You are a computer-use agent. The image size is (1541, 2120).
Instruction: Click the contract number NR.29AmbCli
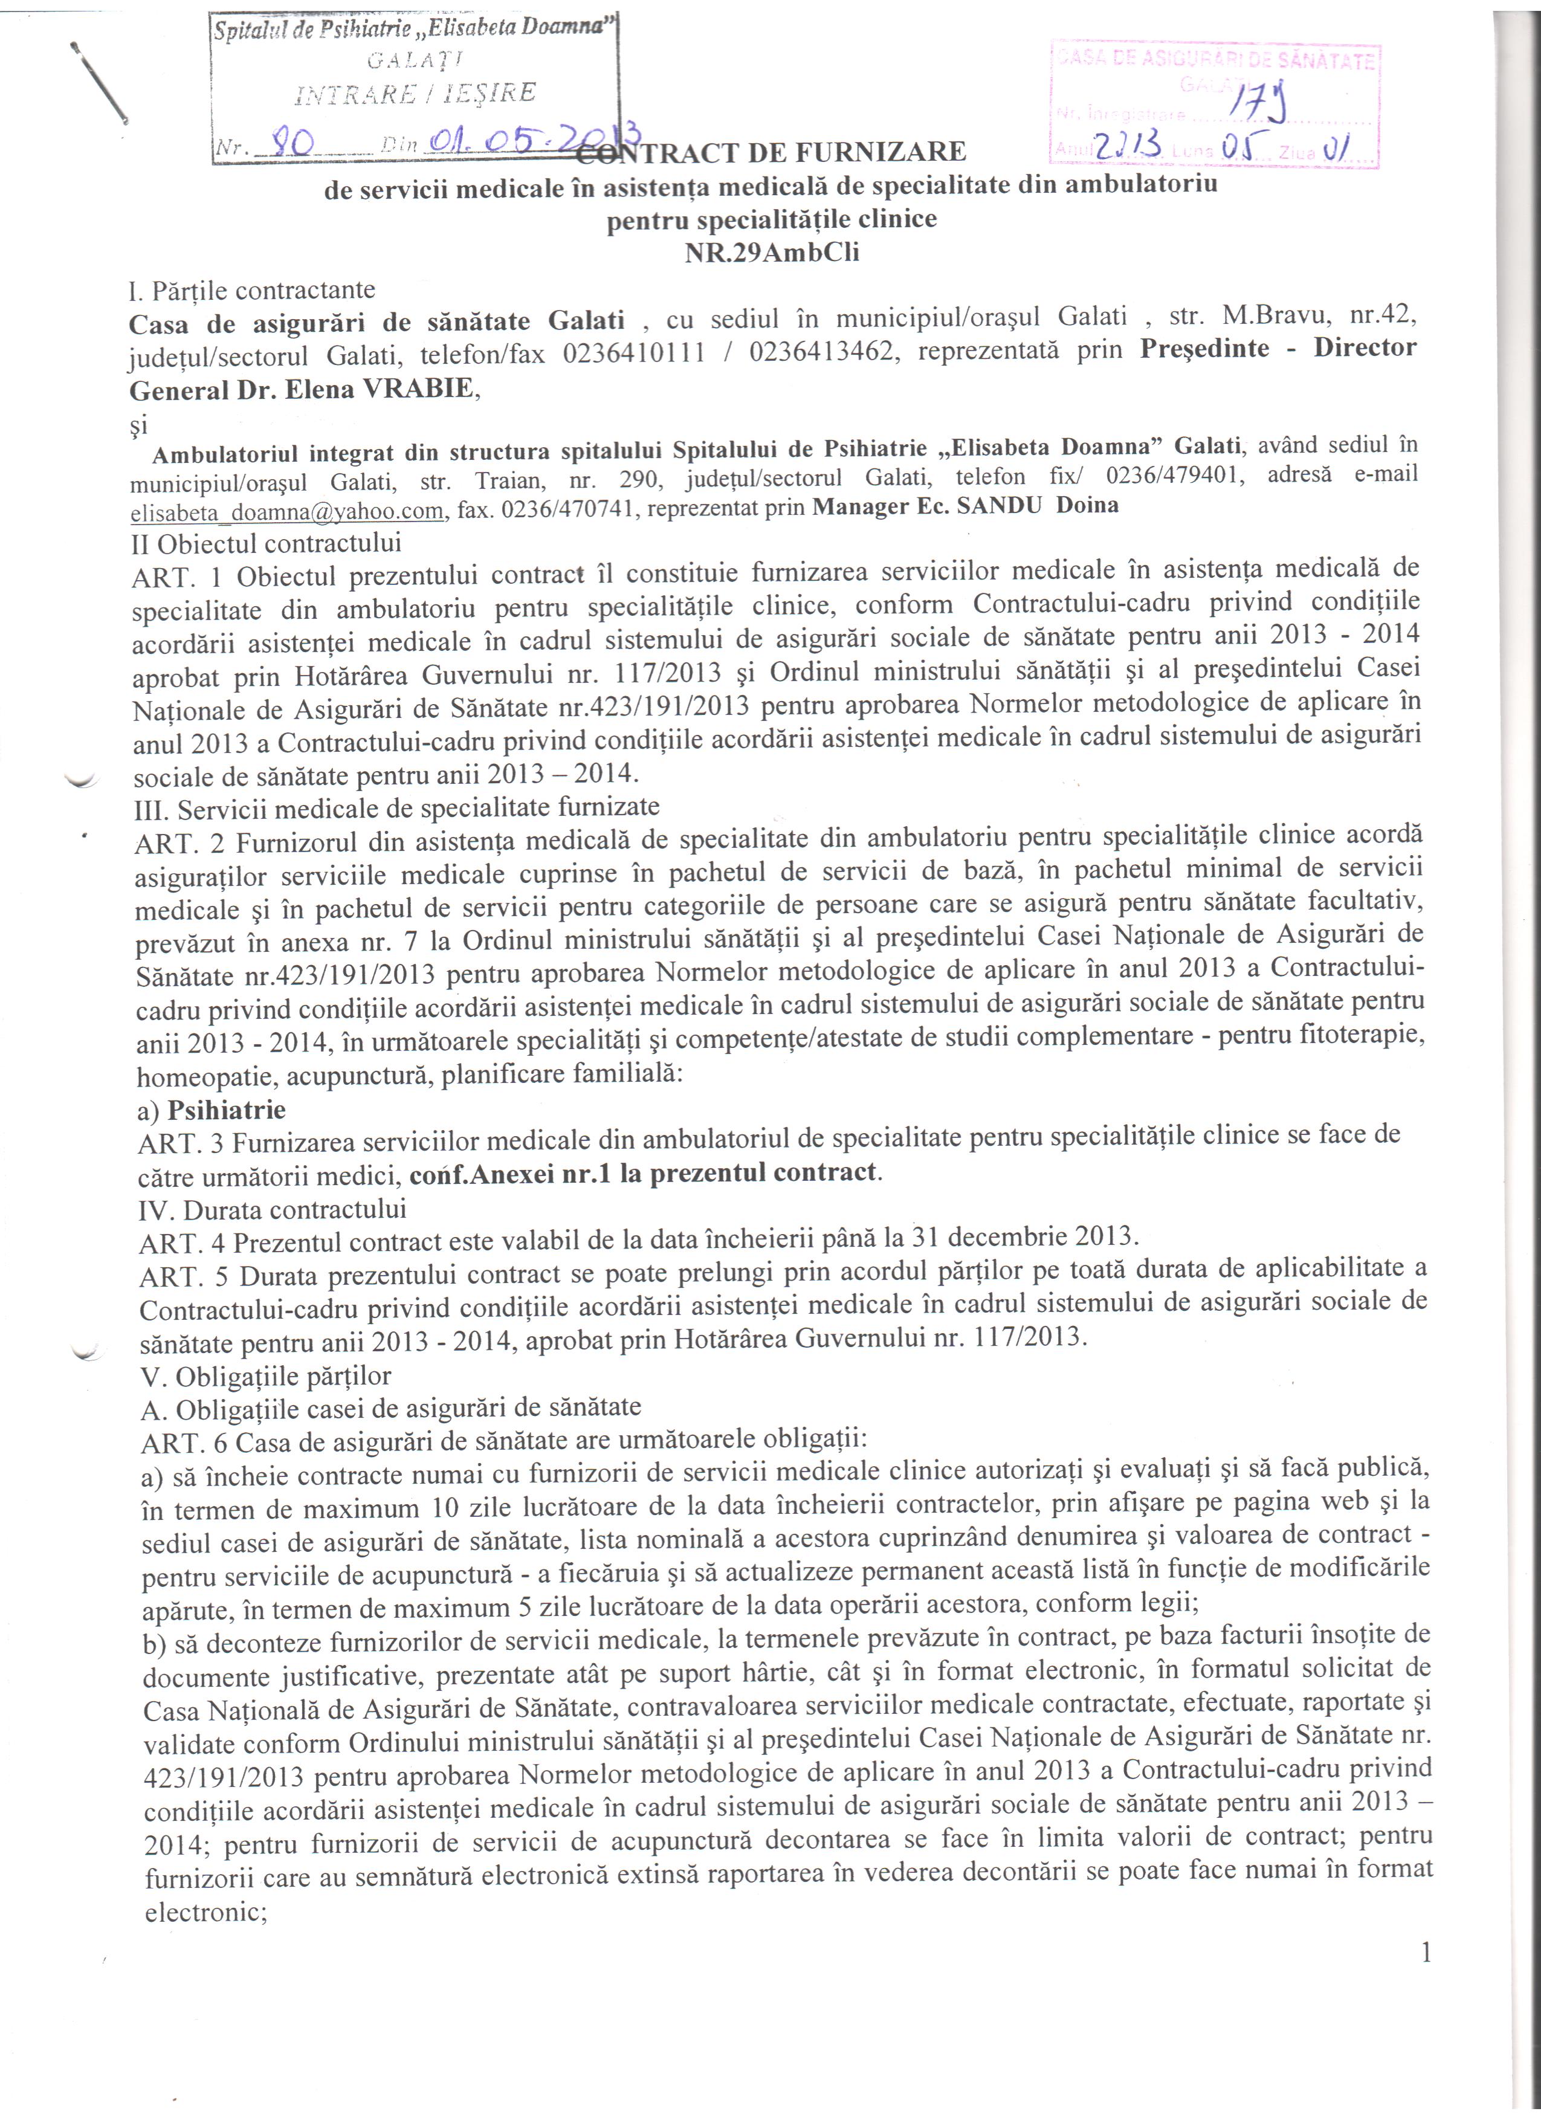click(x=772, y=253)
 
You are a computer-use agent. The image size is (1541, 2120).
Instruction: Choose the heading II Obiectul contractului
click(x=267, y=542)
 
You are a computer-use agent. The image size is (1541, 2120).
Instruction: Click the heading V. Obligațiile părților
click(x=265, y=1376)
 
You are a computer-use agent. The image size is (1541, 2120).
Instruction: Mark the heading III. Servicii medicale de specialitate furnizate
click(x=397, y=806)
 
